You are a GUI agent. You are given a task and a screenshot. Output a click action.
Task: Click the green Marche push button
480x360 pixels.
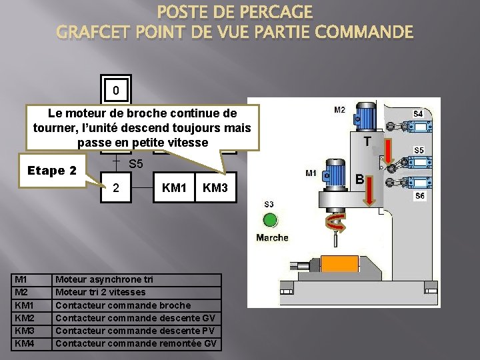pyautogui.click(x=270, y=220)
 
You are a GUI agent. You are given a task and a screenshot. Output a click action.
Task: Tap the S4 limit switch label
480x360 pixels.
pyautogui.click(x=418, y=114)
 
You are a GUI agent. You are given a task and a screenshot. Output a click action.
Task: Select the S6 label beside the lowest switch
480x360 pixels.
pyautogui.click(x=419, y=195)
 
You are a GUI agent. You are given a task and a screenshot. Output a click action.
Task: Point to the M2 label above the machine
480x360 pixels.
pyautogui.click(x=340, y=110)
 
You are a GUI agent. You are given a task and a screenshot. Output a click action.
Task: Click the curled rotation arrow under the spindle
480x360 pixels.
pyautogui.click(x=333, y=224)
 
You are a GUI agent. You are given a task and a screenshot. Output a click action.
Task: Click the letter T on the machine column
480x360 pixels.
pyautogui.click(x=367, y=141)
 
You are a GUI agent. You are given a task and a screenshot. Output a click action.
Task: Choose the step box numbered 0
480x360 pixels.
pyautogui.click(x=116, y=90)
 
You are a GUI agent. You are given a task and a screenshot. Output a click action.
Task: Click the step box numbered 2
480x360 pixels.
pyautogui.click(x=116, y=189)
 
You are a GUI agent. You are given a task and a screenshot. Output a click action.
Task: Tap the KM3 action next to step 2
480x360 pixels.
pyautogui.click(x=215, y=189)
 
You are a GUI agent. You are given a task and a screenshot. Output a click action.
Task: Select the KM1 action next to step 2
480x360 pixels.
pyautogui.click(x=174, y=189)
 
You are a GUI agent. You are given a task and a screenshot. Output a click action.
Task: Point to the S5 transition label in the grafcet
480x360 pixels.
pyautogui.click(x=136, y=163)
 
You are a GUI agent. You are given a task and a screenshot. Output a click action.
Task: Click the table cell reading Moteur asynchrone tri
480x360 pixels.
pyautogui.click(x=104, y=279)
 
